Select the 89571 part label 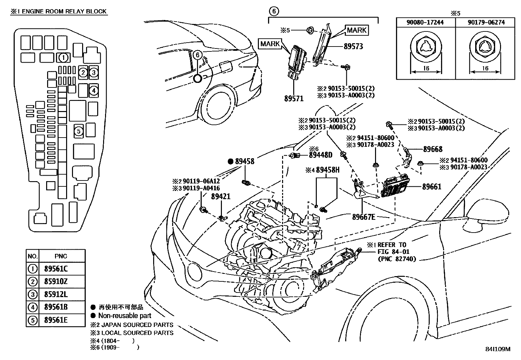[x=294, y=98]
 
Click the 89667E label [x=364, y=217]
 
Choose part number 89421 [x=221, y=197]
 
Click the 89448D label [x=320, y=155]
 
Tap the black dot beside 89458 [x=231, y=161]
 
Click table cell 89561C [x=56, y=269]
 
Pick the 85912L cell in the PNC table [x=56, y=294]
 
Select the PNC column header [x=61, y=256]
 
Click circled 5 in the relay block [x=78, y=131]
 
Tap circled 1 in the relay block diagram [x=63, y=58]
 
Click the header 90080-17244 [x=425, y=22]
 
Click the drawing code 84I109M [x=497, y=349]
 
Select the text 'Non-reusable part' [x=125, y=316]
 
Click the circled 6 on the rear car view [x=198, y=55]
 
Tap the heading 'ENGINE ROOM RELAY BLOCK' [x=64, y=11]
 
